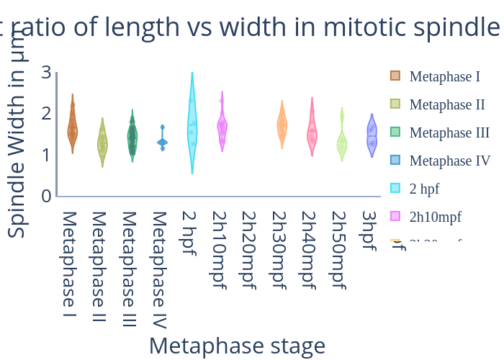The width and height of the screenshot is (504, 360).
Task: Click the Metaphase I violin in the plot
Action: tap(72, 128)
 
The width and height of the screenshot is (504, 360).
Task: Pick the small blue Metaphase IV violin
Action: tap(163, 142)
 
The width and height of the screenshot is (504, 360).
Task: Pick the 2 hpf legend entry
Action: tap(424, 189)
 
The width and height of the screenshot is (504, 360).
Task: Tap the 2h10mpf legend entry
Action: tap(435, 217)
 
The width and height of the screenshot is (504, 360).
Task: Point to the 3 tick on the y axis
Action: tap(46, 72)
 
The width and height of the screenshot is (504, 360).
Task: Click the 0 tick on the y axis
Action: tap(46, 195)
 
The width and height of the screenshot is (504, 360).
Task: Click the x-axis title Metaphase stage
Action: tap(237, 346)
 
